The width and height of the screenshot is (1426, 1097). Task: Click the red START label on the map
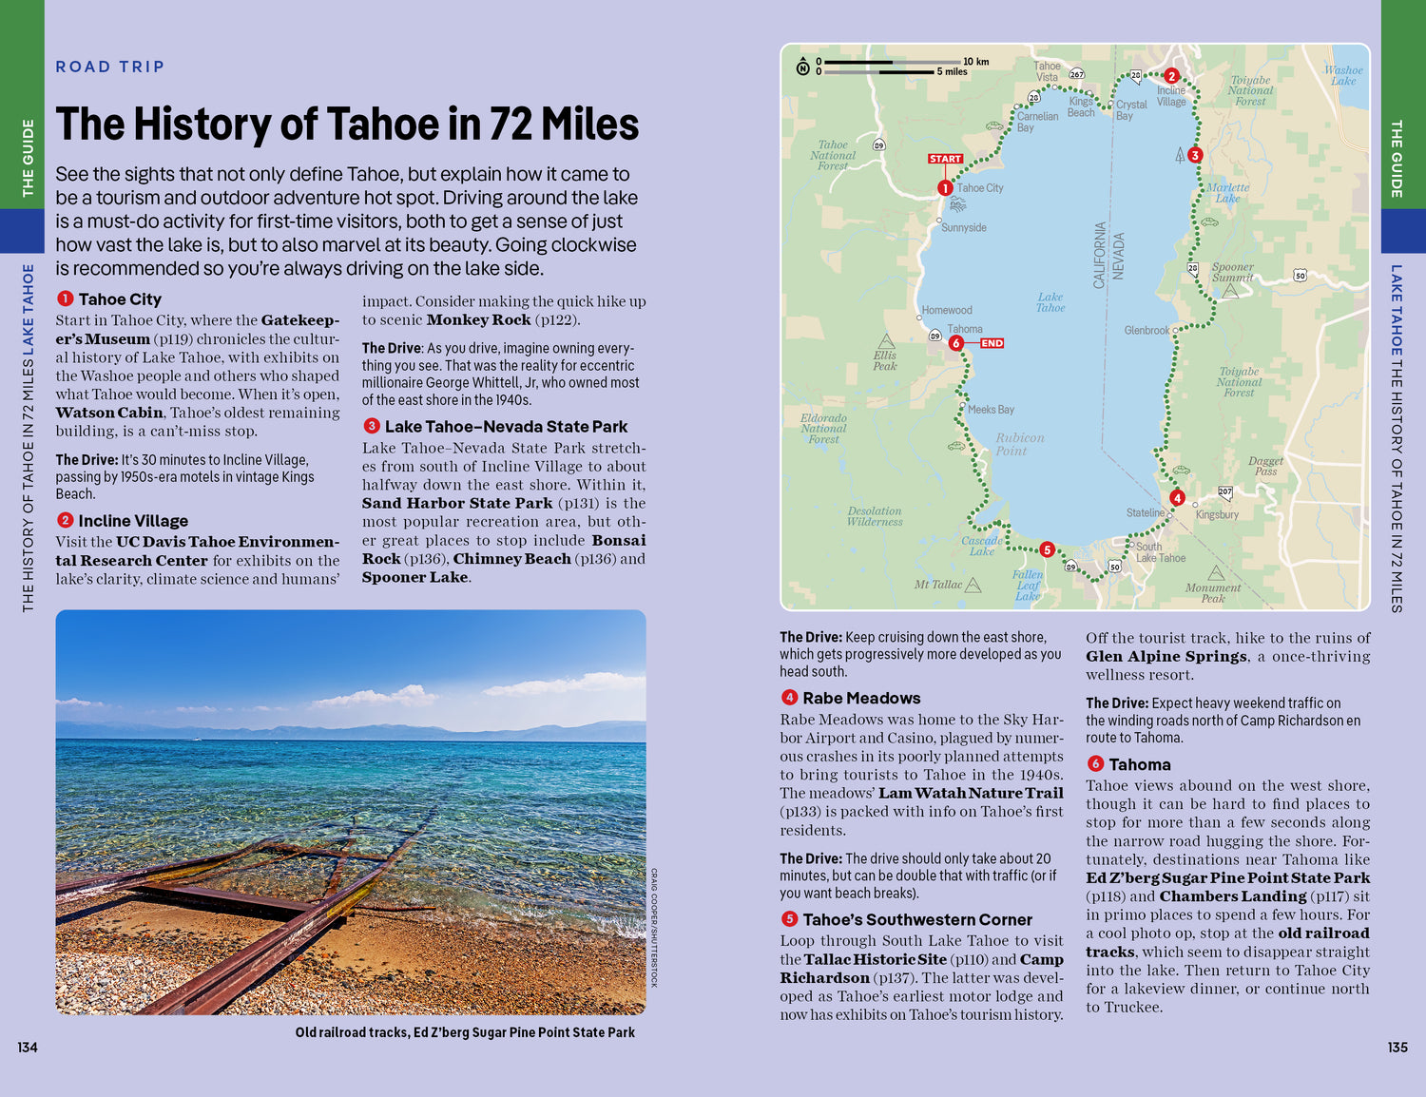point(945,159)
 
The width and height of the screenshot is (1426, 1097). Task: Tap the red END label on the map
point(992,343)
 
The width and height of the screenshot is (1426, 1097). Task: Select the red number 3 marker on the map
point(1195,155)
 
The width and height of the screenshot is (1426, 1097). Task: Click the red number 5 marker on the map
point(1047,549)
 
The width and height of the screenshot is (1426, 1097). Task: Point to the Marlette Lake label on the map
point(1228,193)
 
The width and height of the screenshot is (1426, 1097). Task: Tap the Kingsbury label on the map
point(1217,514)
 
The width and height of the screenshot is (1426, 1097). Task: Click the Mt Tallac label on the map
point(938,585)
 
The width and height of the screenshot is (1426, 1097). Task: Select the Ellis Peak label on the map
point(884,360)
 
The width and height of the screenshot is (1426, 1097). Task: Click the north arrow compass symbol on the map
point(802,67)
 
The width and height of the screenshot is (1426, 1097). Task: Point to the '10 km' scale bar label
point(975,62)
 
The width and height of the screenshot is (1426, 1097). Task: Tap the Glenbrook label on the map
point(1147,331)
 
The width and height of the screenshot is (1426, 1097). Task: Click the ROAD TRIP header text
point(110,67)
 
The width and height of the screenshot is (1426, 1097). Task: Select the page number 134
point(28,1048)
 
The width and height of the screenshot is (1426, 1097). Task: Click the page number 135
point(1397,1048)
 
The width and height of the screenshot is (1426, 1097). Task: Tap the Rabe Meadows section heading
point(861,698)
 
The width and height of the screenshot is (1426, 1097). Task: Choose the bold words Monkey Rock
point(478,320)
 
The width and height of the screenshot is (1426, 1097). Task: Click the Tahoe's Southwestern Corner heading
point(916,919)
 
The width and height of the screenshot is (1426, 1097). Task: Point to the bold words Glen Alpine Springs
point(1166,657)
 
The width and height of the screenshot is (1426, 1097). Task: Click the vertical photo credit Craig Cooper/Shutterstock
point(654,927)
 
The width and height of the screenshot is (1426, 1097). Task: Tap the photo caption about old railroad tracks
point(465,1032)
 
